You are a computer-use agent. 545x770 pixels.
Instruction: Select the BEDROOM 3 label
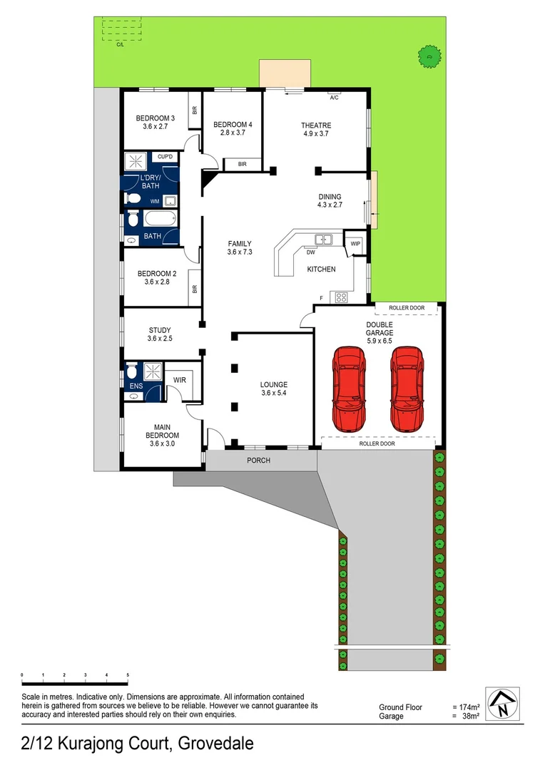click(x=155, y=118)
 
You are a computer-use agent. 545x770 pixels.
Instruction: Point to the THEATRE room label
click(x=315, y=125)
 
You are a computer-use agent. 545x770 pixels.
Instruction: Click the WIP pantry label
click(x=355, y=244)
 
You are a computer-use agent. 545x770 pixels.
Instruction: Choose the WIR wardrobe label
click(x=180, y=380)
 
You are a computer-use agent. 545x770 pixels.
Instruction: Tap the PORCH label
click(x=258, y=461)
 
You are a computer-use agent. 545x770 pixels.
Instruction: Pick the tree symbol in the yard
click(x=427, y=53)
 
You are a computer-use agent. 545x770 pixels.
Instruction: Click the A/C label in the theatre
click(x=334, y=97)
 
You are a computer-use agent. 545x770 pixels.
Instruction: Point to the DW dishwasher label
click(x=310, y=252)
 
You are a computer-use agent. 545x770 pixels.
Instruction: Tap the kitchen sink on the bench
click(x=325, y=240)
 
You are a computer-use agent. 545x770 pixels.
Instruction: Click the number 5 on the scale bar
click(x=128, y=674)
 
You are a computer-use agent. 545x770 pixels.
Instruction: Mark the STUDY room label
click(x=159, y=330)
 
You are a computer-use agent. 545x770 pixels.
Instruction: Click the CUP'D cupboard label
click(x=165, y=156)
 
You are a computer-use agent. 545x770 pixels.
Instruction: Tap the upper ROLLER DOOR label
click(x=407, y=308)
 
